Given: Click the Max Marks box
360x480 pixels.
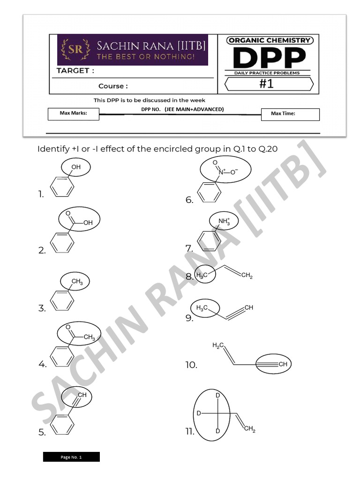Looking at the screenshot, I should pos(73,113).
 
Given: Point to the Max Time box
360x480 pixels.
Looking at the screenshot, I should pos(290,114).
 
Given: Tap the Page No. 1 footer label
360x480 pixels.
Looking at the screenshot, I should pos(71,457).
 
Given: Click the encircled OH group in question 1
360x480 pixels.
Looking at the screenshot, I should pos(75,167).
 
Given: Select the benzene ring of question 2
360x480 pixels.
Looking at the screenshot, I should pos(61,244).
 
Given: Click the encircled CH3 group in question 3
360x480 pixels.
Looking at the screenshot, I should pos(76,281).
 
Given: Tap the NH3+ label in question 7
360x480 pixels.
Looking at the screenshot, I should pos(224,221).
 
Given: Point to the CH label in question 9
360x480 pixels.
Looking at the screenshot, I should pos(249,307).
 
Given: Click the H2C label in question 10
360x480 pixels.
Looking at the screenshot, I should pos(218,345).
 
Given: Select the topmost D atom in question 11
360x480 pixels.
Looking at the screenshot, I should pos(217,396).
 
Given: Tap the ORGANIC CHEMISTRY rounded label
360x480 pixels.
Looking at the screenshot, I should pos(270,40).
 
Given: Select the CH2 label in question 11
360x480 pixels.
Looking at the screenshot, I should pos(249,429).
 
